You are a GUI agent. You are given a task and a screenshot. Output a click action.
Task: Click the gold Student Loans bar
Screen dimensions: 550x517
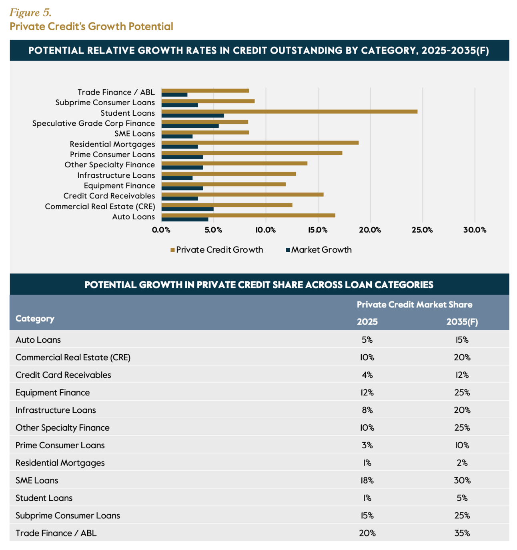[x=289, y=111]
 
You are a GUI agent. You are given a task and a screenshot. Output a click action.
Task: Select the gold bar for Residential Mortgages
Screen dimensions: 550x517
[x=260, y=143]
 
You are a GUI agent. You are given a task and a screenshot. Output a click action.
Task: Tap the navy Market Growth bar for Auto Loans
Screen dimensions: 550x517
[x=184, y=219]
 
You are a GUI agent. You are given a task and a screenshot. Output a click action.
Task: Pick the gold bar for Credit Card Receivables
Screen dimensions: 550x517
[x=242, y=195]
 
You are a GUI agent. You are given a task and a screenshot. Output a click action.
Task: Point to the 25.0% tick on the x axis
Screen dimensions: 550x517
[x=422, y=230]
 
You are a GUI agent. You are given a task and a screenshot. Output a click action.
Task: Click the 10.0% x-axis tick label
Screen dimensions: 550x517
[x=265, y=230]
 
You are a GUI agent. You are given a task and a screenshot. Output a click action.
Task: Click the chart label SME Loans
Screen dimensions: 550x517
[x=134, y=134]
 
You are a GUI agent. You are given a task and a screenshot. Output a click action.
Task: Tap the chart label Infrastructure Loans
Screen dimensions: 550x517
[x=116, y=175]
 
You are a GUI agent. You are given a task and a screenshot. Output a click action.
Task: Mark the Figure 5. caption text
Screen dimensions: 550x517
[x=30, y=13]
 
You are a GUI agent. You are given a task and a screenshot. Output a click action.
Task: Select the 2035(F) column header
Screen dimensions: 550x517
[x=462, y=322]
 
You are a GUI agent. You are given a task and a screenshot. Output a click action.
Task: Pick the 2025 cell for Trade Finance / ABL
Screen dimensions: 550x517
[x=367, y=533]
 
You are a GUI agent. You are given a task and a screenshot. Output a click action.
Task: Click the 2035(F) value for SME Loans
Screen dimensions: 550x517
[x=462, y=480]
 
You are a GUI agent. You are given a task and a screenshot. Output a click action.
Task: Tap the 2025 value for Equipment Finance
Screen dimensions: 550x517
[x=367, y=392]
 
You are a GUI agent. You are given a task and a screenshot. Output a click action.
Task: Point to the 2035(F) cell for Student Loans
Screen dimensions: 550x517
[x=462, y=498]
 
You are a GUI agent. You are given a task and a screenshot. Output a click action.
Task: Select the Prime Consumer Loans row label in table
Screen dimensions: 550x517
[x=60, y=445]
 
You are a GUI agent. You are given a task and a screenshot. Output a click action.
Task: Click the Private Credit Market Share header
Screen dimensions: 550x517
[x=414, y=305]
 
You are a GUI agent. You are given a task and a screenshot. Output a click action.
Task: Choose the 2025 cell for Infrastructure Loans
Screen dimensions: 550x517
[x=367, y=410]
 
